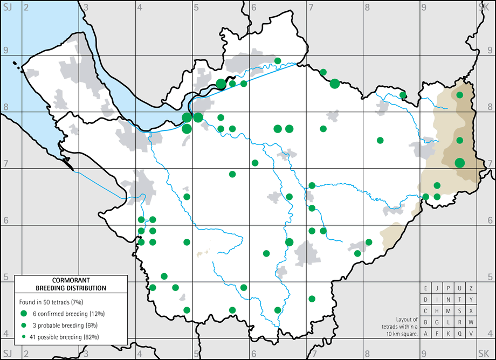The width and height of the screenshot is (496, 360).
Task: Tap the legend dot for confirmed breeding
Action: (x=24, y=313)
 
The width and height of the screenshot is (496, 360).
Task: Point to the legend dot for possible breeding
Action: (x=24, y=337)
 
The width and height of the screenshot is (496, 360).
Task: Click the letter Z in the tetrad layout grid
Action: (x=471, y=288)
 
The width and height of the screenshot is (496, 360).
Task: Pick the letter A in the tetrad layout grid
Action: (x=426, y=334)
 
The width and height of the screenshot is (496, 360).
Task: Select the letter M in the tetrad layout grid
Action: (x=449, y=311)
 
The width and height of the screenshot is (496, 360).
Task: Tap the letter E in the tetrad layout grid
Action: (x=426, y=288)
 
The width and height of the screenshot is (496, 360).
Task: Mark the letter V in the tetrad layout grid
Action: (x=471, y=334)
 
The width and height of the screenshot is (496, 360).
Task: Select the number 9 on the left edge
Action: (x=6, y=51)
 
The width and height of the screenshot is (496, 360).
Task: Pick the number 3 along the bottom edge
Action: (x=86, y=354)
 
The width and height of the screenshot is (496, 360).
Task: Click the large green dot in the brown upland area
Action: (x=460, y=163)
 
